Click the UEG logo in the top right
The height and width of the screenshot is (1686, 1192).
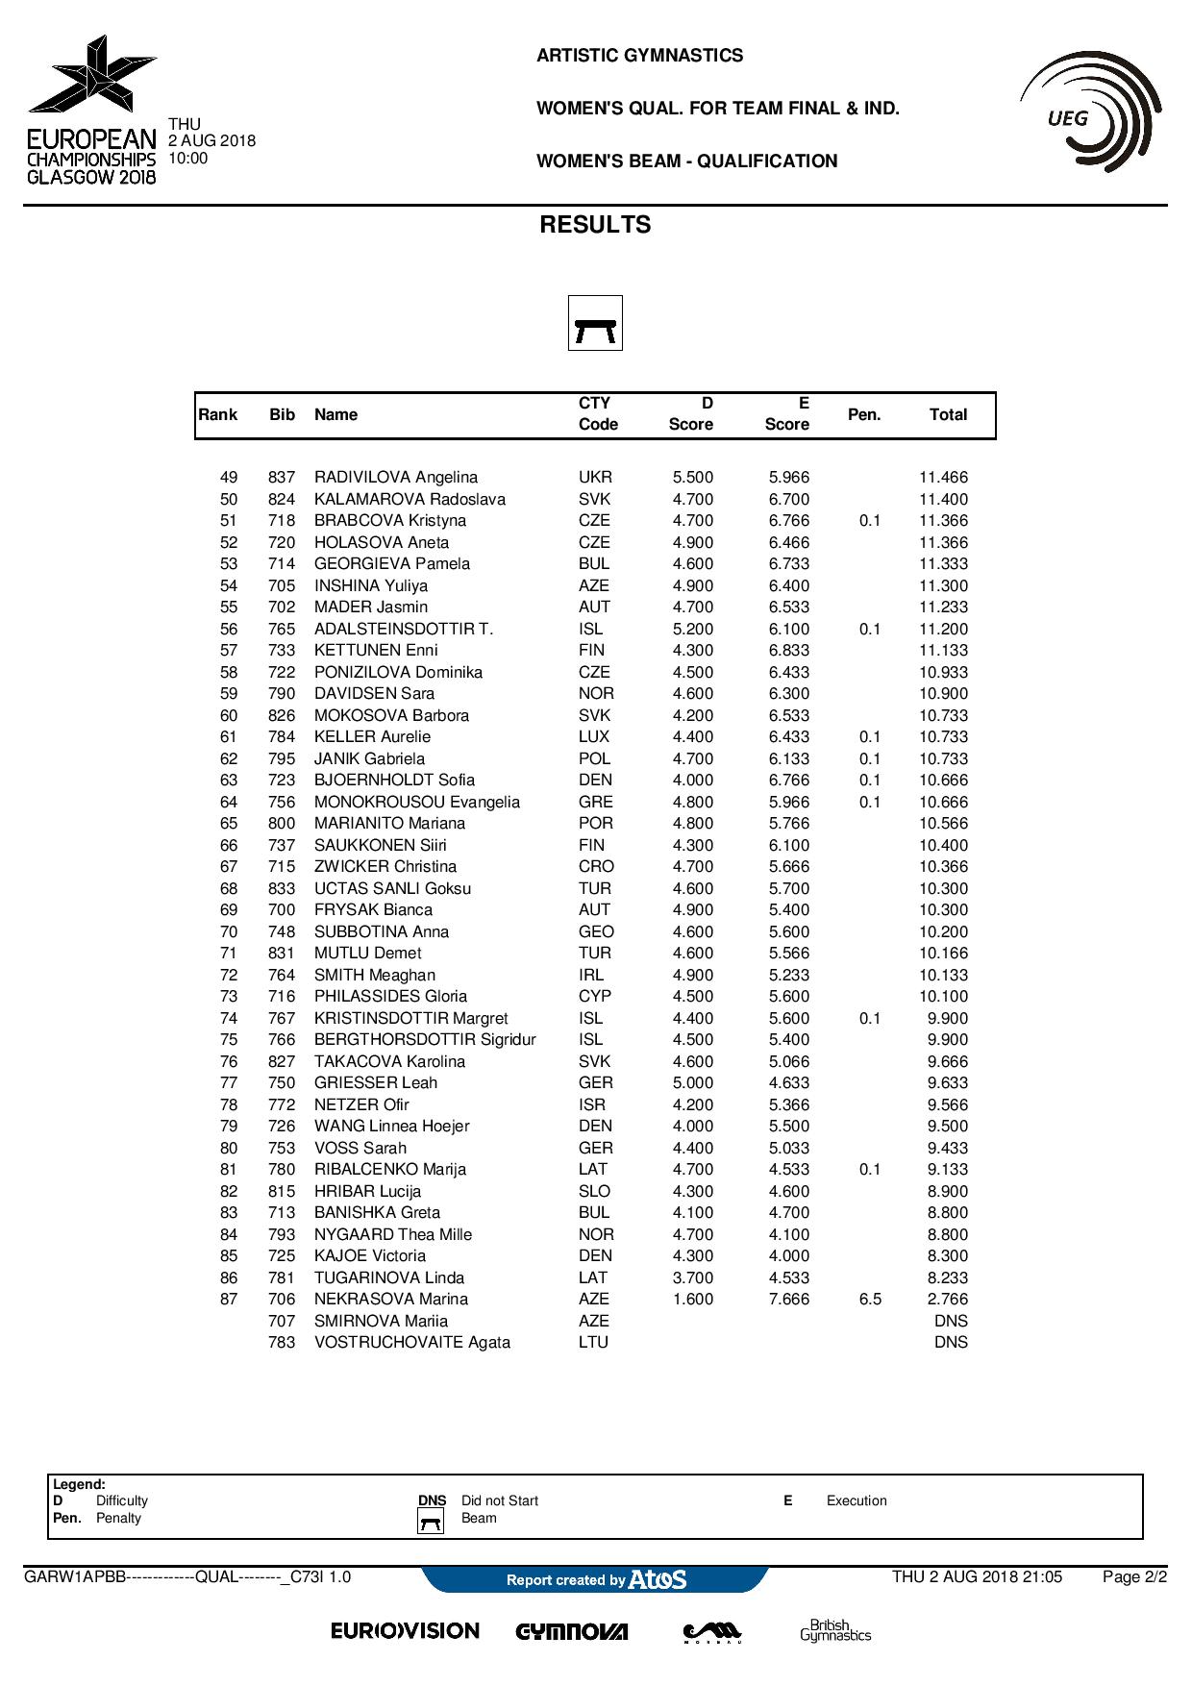pos(1090,113)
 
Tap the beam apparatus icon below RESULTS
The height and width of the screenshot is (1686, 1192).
pos(595,323)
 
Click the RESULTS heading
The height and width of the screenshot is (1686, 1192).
pos(595,225)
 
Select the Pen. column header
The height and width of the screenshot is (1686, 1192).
pos(864,414)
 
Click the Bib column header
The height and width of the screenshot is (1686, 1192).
pos(282,414)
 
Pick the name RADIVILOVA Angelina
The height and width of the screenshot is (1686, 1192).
pos(395,478)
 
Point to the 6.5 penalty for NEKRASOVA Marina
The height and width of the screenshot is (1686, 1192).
pos(870,1300)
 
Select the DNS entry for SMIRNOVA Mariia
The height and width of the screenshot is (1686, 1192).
pos(951,1321)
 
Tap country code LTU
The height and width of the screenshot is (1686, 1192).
pos(593,1343)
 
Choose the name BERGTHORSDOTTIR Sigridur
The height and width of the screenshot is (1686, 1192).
pos(425,1040)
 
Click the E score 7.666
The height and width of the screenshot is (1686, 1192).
pos(788,1300)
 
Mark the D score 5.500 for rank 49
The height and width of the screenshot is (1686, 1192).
pos(692,478)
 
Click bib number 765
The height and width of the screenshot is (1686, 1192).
pos(282,629)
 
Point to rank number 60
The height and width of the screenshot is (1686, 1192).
pos(229,715)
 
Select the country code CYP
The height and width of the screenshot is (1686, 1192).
pos(594,997)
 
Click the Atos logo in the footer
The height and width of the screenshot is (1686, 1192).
pos(658,1579)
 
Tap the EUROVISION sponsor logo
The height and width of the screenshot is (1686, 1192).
pos(405,1631)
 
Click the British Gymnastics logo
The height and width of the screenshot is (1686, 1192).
pos(835,1630)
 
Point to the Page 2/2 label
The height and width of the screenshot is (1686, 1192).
pos(1134,1577)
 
